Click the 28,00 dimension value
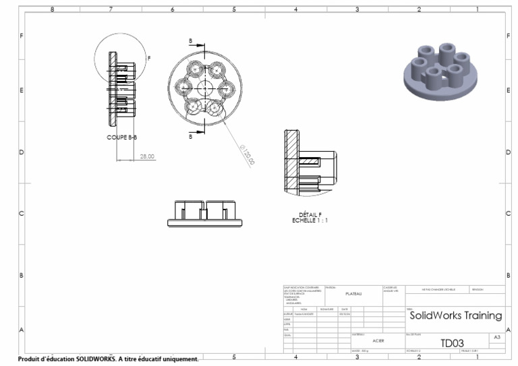(146, 156)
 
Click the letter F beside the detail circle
(149, 59)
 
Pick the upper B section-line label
(191, 40)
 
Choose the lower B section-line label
(191, 136)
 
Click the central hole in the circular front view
(204, 88)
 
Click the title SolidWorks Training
(455, 315)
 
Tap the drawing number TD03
(451, 343)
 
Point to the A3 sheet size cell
(497, 336)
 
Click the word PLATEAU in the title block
(353, 293)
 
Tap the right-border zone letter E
(508, 90)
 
